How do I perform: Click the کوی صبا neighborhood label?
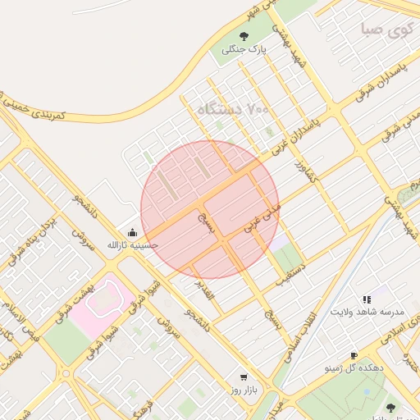pyautogui.click(x=384, y=30)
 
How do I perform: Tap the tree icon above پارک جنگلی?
pyautogui.click(x=244, y=35)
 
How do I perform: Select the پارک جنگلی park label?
pyautogui.click(x=244, y=50)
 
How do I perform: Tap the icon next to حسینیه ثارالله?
pyautogui.click(x=133, y=232)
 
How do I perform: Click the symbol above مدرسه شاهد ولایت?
pyautogui.click(x=367, y=300)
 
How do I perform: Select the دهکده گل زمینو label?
pyautogui.click(x=354, y=369)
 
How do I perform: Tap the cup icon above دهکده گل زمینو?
pyautogui.click(x=354, y=356)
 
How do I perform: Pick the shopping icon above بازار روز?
pyautogui.click(x=243, y=377)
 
